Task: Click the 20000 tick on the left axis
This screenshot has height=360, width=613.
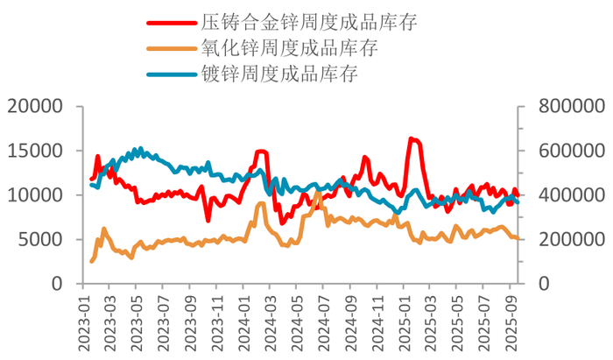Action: tap(40, 107)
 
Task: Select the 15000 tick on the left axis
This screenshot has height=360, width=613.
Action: tap(40, 151)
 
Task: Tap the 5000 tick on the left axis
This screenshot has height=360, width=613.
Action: tap(46, 239)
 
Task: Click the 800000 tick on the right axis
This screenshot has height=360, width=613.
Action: tap(565, 107)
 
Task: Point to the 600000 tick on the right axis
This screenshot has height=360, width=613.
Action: tap(565, 151)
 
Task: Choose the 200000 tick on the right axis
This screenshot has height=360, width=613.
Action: tap(565, 239)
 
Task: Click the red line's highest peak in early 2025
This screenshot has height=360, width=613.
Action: tap(411, 138)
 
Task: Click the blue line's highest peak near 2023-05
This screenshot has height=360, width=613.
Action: tap(140, 149)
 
